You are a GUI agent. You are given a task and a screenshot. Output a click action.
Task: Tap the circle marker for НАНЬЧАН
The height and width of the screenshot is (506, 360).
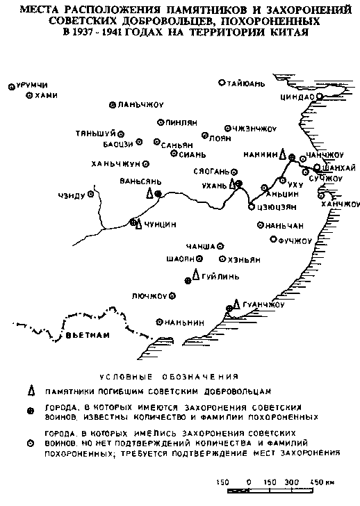pos(261,225)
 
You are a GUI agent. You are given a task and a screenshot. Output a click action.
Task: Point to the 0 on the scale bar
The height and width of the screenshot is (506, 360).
pos(247,480)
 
